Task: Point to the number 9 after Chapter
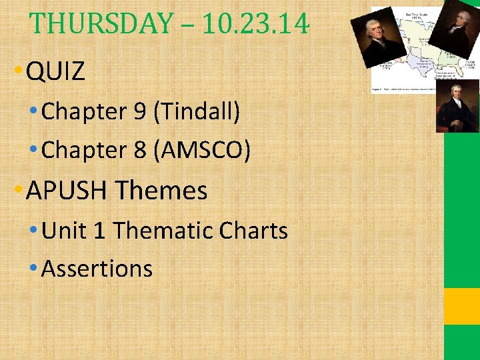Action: point(140,112)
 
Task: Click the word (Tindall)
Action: point(197,112)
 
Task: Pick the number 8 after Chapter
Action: point(140,151)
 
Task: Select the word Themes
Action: point(161,191)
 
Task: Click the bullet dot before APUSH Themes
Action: point(18,192)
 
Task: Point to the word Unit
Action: point(63,231)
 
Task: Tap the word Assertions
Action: point(97,269)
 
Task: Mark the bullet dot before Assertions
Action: point(33,270)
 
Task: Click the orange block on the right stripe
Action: point(462,306)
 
